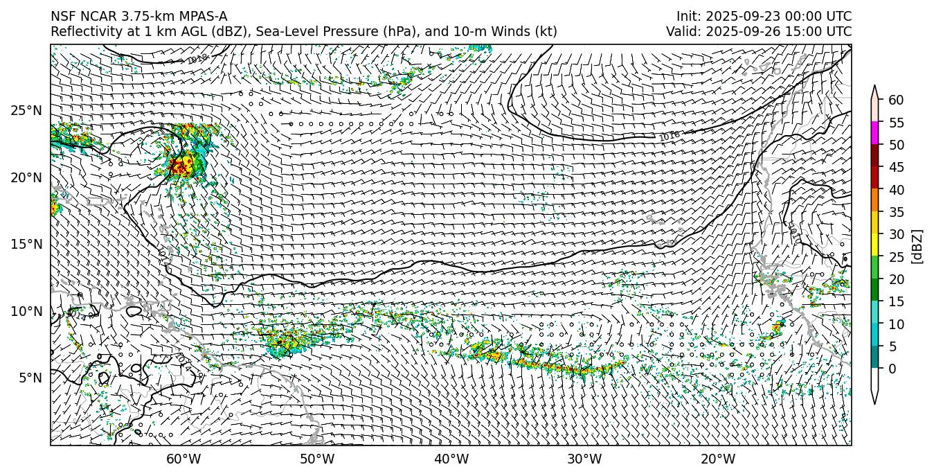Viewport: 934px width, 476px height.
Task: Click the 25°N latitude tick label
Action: pyautogui.click(x=26, y=111)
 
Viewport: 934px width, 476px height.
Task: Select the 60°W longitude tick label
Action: pyautogui.click(x=183, y=459)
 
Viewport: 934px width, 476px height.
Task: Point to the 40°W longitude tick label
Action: pyautogui.click(x=451, y=459)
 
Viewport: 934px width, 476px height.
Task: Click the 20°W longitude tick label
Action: pyautogui.click(x=718, y=459)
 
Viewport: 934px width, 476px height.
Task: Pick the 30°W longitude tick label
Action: pyautogui.click(x=584, y=459)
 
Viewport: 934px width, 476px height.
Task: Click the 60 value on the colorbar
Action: pyautogui.click(x=896, y=100)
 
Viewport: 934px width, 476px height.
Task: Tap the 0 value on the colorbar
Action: pyautogui.click(x=892, y=369)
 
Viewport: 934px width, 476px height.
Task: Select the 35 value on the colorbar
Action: pyautogui.click(x=896, y=212)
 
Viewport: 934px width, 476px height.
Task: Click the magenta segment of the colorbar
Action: pyautogui.click(x=875, y=133)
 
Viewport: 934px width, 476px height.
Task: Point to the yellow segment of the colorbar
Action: pyautogui.click(x=875, y=245)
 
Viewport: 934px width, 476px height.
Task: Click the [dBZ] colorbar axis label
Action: pyautogui.click(x=917, y=246)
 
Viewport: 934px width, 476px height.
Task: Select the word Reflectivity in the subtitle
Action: pyautogui.click(x=82, y=32)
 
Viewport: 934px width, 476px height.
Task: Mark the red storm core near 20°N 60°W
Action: pyautogui.click(x=181, y=165)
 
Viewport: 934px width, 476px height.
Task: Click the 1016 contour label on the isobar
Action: pyautogui.click(x=669, y=136)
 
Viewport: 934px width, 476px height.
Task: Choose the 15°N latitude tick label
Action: pyautogui.click(x=26, y=245)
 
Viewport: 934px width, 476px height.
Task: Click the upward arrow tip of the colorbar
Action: pyautogui.click(x=875, y=87)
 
